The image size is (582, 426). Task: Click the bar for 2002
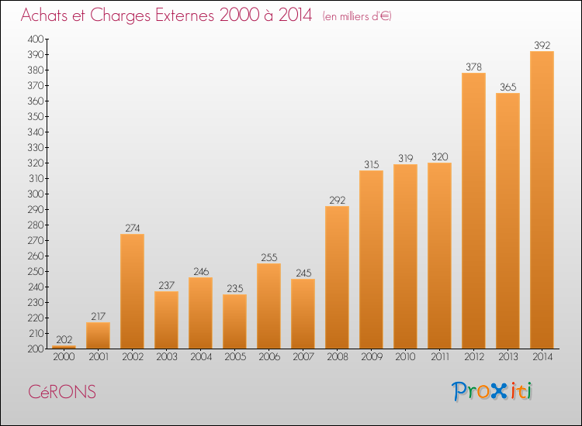coord(132,291)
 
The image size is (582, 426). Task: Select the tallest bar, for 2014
coord(542,200)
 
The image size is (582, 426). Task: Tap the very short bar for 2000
coord(64,347)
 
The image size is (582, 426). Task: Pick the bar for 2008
coord(337,277)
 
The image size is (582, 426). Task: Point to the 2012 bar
coord(473,211)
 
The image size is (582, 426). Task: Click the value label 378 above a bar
coord(473,67)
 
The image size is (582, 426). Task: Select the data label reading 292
coord(337,201)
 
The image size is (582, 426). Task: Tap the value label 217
coord(99,316)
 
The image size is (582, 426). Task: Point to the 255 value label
coord(269,257)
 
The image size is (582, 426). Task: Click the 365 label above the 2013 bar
coord(508,87)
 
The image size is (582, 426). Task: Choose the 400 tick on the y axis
coord(36,39)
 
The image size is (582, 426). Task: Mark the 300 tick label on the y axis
coord(36,194)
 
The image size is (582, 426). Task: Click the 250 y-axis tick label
coord(36,271)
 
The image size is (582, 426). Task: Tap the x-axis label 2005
coord(235,357)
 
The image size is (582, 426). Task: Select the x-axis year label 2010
coord(405,357)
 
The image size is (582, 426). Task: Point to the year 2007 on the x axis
coord(303,357)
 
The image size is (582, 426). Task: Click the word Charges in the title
coord(120,16)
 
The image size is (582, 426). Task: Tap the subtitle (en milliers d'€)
coord(357,17)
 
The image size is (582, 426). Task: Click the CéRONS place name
coord(62,392)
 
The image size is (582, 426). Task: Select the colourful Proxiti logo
coord(492,391)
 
